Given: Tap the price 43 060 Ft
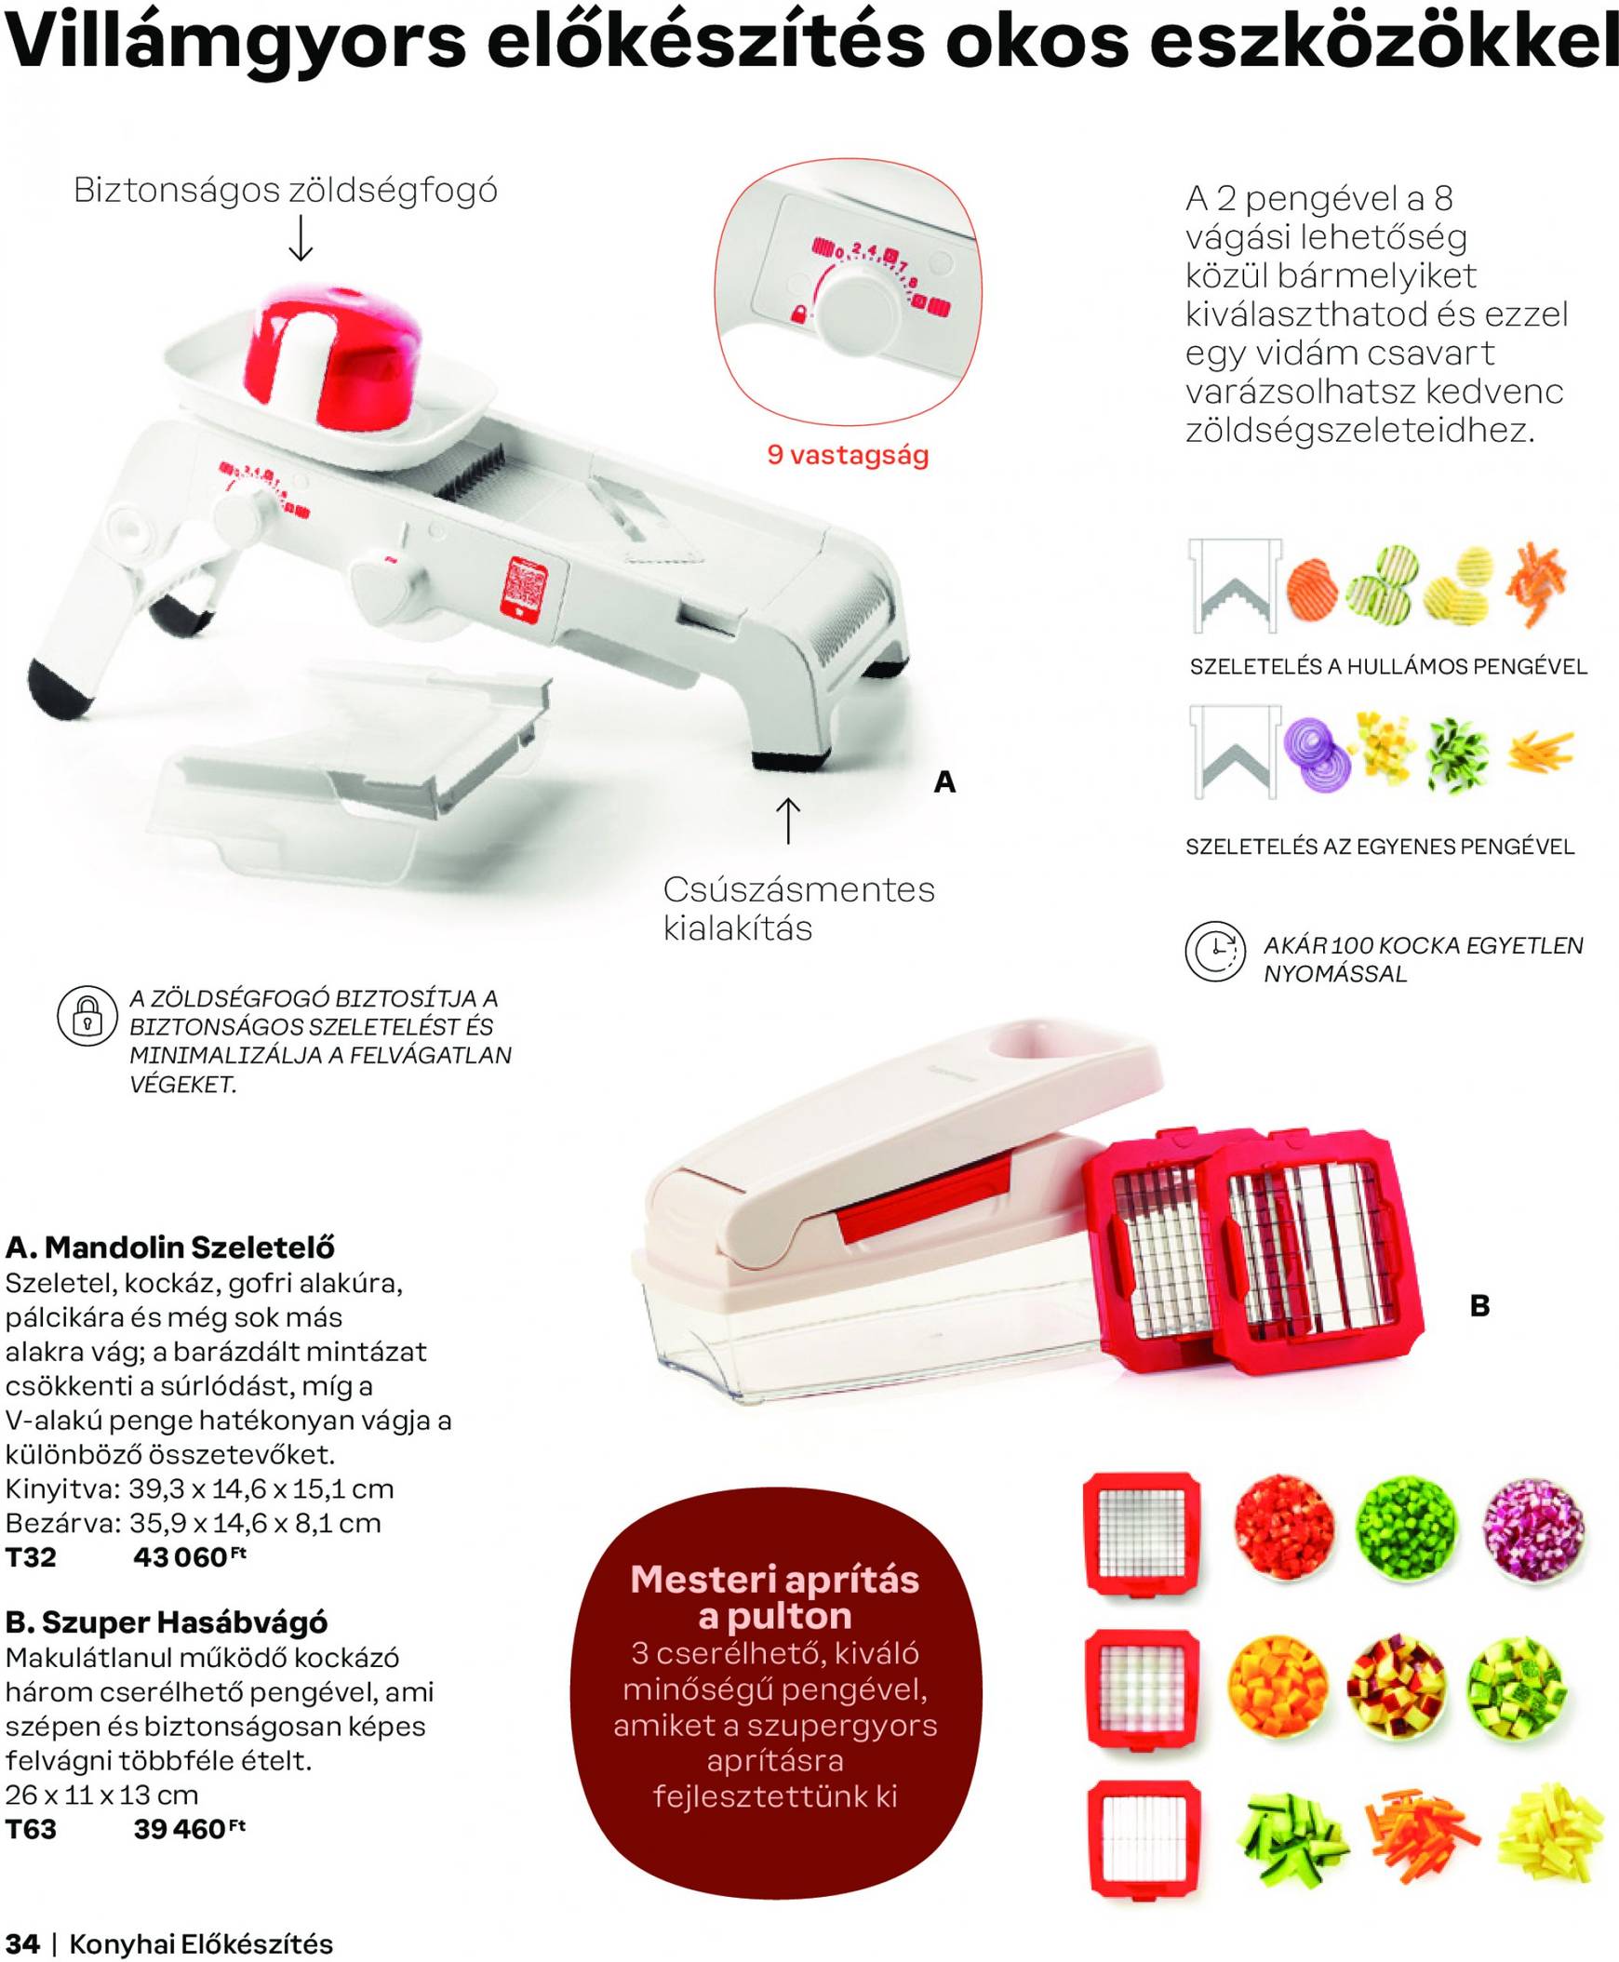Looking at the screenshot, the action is (x=189, y=1556).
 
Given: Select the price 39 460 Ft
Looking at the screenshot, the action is (x=189, y=1829).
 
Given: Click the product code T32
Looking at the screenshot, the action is (x=31, y=1557).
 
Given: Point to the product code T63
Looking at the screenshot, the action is (x=31, y=1830).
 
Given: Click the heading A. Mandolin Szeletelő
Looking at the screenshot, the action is (x=169, y=1247).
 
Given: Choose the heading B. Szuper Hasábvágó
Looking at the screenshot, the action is (x=166, y=1622).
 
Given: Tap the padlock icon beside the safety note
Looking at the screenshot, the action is (x=87, y=1016).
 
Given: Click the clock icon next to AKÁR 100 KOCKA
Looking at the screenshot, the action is (x=1215, y=951).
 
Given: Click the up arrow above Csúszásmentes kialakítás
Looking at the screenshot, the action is (x=788, y=820).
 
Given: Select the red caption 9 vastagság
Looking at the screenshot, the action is (x=848, y=455).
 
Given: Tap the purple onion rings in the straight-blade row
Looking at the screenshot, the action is (x=1317, y=756).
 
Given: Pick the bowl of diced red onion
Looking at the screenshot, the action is (x=1532, y=1526).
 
